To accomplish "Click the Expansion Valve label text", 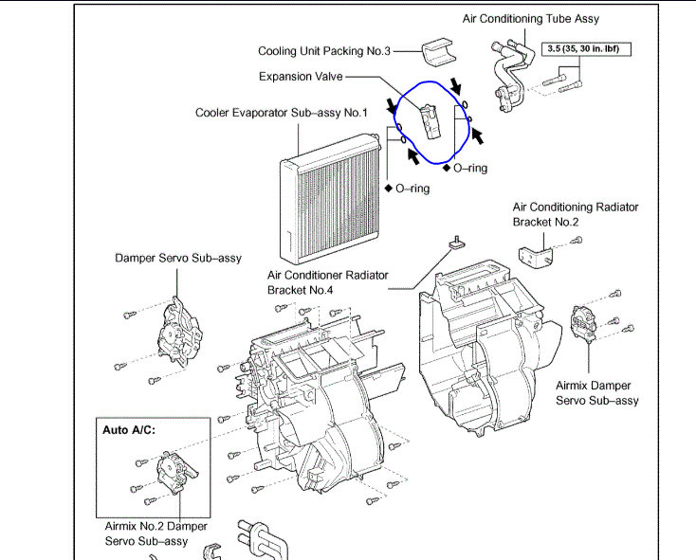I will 300,77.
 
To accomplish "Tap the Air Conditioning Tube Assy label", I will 530,18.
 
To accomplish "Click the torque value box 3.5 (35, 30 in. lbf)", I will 586,47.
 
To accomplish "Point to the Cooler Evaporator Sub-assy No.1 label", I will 281,112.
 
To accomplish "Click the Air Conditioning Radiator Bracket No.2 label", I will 576,213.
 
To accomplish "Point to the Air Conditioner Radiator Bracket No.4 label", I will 328,281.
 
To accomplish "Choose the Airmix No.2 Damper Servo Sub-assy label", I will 156,533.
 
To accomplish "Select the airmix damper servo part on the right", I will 585,324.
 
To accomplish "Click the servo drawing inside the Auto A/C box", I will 171,472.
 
